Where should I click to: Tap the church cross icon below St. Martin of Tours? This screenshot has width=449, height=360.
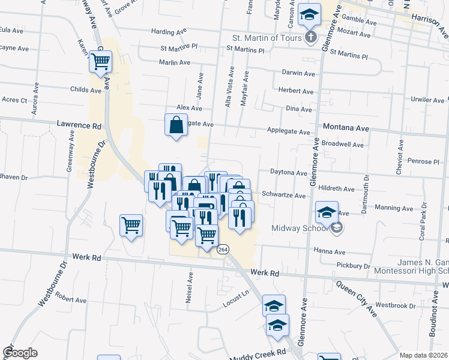pos(310,38)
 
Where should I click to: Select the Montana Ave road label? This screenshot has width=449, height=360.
pos(346,128)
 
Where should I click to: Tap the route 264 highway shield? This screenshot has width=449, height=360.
pos(223,249)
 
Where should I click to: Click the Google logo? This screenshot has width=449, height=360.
pos(20,353)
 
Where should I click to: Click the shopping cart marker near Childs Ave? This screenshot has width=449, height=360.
pos(100,61)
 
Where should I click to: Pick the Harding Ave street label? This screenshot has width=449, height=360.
pos(170,32)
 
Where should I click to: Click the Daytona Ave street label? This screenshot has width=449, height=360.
pos(288,173)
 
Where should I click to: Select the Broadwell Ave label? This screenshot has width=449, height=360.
pos(343,145)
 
